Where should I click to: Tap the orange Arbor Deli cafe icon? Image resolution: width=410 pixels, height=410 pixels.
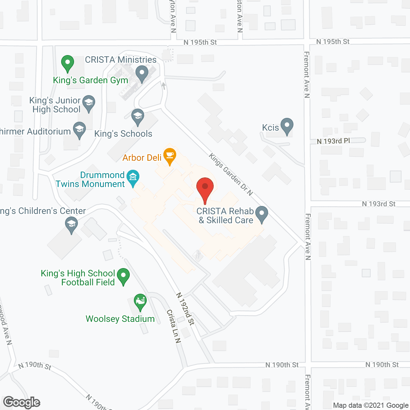(170, 156)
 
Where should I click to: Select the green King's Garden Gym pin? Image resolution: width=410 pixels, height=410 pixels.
(67, 63)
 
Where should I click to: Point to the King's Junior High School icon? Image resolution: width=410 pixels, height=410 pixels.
(89, 103)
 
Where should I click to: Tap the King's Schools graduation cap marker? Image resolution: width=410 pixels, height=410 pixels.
(138, 117)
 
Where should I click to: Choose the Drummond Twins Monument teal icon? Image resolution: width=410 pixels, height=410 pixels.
(133, 178)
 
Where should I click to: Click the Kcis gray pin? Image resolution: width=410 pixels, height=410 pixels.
(287, 126)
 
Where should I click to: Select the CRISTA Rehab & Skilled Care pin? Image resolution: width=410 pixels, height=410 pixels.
(262, 214)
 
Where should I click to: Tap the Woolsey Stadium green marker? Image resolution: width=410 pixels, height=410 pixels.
(140, 302)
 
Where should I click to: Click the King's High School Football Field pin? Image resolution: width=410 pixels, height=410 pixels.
(123, 276)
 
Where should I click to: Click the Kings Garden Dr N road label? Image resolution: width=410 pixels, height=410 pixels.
(231, 174)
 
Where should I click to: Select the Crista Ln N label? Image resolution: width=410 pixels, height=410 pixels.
(173, 326)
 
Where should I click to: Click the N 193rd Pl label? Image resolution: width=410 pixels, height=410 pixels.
(333, 141)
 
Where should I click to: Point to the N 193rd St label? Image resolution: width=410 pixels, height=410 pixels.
(378, 204)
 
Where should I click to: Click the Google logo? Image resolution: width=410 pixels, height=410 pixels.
(22, 402)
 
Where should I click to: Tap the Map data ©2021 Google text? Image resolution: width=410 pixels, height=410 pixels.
(371, 406)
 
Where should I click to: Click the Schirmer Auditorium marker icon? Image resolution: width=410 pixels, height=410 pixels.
(79, 130)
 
